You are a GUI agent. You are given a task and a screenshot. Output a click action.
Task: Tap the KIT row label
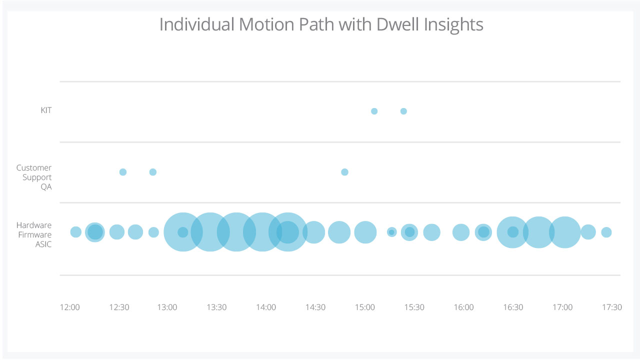point(46,110)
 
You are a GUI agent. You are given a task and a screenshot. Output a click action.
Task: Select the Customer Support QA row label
point(34,177)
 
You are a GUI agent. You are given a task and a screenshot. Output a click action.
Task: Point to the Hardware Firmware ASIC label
point(34,234)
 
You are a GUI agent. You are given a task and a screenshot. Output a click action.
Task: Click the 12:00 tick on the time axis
point(69,307)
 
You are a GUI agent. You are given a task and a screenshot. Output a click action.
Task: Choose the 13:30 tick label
point(216,307)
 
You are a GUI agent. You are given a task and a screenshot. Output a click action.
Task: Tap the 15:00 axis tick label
point(365,307)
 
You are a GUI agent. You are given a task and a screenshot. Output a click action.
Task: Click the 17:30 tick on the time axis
point(611,307)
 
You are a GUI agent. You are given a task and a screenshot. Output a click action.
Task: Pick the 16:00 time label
point(463,307)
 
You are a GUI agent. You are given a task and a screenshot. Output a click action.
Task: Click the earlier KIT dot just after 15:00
point(374,111)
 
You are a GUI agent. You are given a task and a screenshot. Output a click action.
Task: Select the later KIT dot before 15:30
point(403,111)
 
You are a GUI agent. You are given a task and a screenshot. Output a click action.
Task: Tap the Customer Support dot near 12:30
point(123,172)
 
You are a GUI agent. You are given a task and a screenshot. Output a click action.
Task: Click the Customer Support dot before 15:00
point(344,172)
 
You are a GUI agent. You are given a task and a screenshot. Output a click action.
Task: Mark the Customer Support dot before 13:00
point(153,172)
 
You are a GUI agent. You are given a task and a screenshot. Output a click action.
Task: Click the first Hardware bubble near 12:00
point(75,232)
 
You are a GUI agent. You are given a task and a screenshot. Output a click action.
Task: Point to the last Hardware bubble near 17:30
point(606,232)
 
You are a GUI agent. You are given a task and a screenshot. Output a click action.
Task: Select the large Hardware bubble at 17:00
point(565,232)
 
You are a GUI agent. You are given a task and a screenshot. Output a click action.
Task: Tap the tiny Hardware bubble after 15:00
point(391,232)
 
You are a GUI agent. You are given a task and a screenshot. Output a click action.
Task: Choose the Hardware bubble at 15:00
point(365,232)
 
